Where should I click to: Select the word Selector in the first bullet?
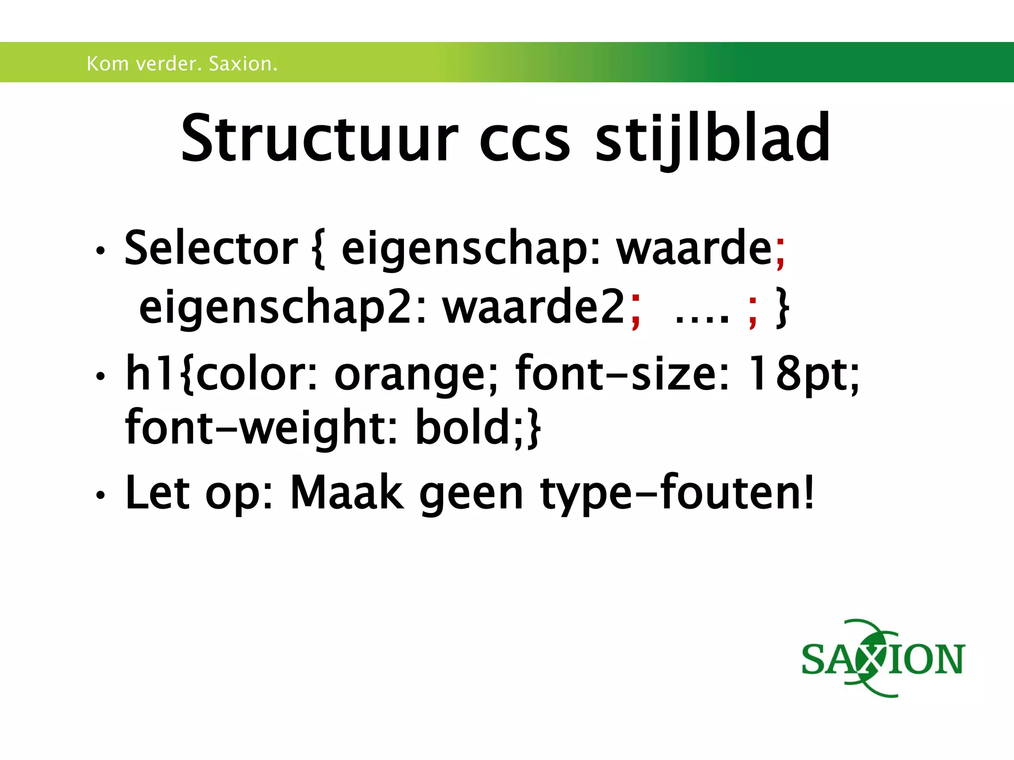(x=211, y=248)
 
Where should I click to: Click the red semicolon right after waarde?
(x=781, y=253)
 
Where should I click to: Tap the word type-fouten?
(x=676, y=493)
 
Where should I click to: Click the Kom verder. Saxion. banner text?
(x=182, y=64)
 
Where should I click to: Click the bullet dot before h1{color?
(x=101, y=377)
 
